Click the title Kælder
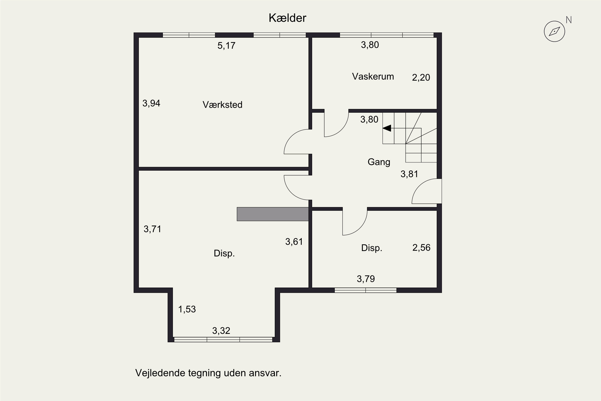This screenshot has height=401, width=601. point(287,18)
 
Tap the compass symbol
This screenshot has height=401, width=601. point(554,31)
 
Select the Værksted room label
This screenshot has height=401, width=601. point(222,105)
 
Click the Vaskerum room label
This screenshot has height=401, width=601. point(373,76)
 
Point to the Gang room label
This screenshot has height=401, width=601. point(379,162)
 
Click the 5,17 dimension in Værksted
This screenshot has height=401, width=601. point(226,46)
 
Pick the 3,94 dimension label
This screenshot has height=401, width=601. point(151,103)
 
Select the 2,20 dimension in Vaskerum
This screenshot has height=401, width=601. point(421,77)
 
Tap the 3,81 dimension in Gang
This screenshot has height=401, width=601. point(409,174)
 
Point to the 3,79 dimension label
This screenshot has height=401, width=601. point(366,278)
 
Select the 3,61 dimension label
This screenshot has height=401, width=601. point(294,241)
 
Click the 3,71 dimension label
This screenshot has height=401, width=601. point(152,229)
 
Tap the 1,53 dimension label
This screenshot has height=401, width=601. point(187,309)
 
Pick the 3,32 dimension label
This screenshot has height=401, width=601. point(221,331)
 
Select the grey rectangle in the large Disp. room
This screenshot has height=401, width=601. point(272,214)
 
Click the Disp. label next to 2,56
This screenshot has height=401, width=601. point(372,248)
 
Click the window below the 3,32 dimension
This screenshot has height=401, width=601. point(223,340)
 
